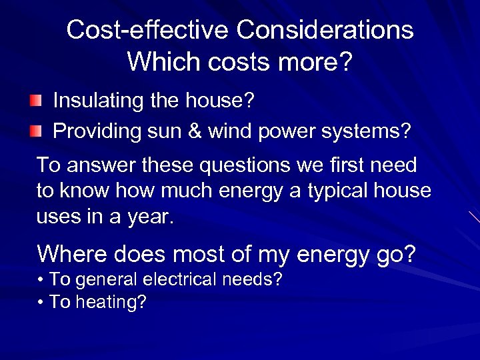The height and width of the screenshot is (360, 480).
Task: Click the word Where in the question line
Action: click(72, 254)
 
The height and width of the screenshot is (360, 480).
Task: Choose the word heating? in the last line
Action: click(111, 302)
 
